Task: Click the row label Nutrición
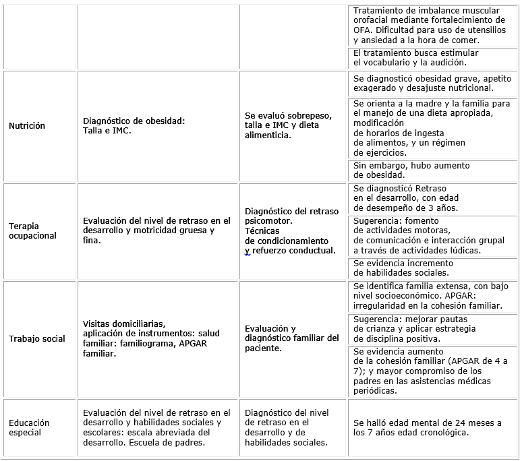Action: coord(27,126)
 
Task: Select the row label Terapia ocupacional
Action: coord(33,230)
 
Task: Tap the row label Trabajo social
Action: coord(37,338)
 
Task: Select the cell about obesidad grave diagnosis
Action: coord(432,84)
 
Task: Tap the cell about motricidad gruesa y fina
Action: coord(156,230)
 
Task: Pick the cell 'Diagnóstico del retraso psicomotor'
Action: coord(291,230)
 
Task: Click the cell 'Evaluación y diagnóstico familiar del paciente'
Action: coord(291,338)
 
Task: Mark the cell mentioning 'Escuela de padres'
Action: coord(156,427)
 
